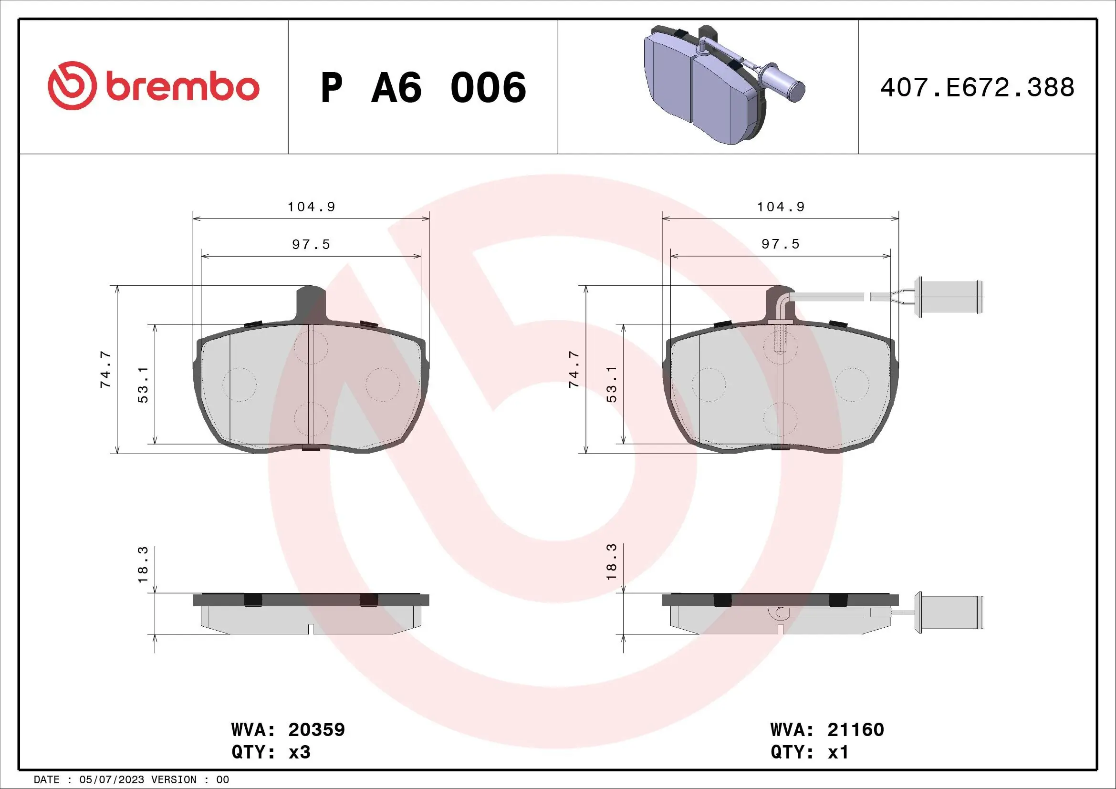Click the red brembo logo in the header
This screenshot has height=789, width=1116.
pos(153,86)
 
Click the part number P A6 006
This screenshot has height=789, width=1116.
pos(423,88)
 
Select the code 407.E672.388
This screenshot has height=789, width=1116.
pos(977,88)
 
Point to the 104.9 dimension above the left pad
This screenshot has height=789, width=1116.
pos(311,207)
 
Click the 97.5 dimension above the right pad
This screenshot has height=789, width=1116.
pos(780,244)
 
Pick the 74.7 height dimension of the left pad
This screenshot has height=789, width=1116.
pos(105,370)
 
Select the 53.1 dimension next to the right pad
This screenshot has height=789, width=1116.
pos(612,384)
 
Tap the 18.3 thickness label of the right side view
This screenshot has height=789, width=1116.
pos(612,561)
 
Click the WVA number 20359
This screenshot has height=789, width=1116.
pos(316,729)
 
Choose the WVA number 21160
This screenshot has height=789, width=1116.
pos(855,729)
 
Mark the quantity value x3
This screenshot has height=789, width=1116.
pos(300,752)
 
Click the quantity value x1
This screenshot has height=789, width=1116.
pos(838,752)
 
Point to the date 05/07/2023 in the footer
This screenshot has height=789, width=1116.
pos(111,780)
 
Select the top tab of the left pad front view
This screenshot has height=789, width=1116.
pos(311,301)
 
